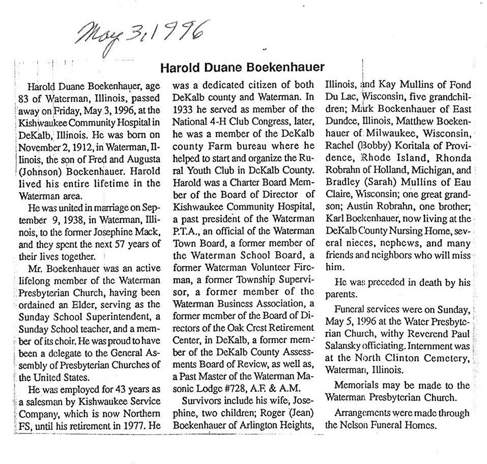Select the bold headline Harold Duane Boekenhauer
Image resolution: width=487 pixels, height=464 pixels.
click(x=242, y=67)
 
